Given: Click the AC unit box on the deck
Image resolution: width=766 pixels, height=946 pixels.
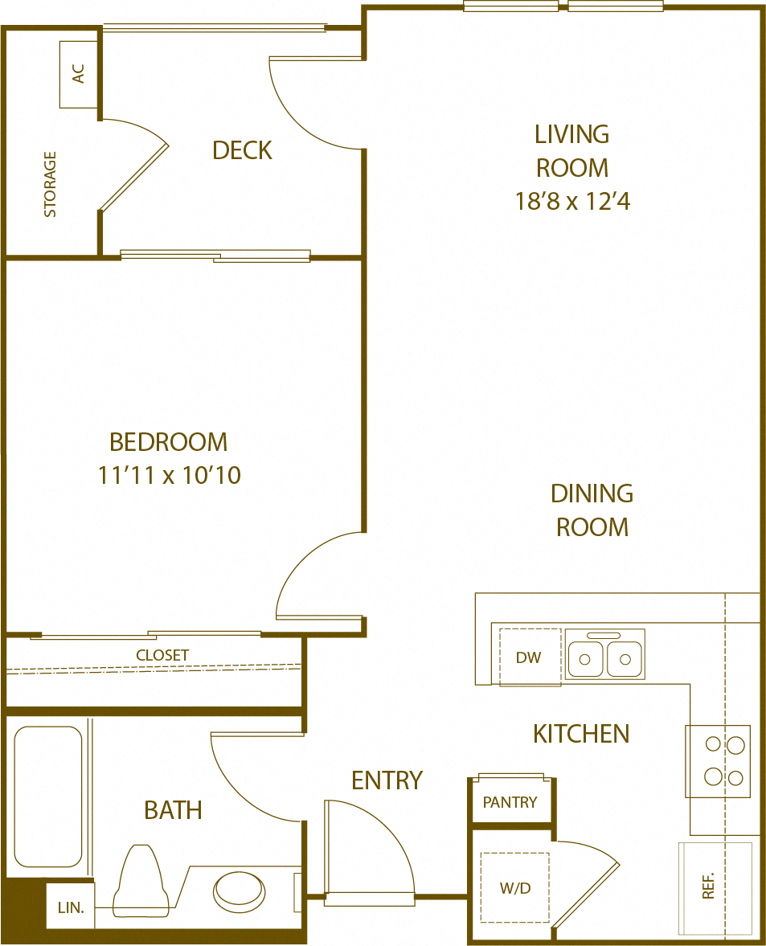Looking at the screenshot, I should pos(79,74).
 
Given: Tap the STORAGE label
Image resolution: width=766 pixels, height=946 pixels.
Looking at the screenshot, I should pos(51,184).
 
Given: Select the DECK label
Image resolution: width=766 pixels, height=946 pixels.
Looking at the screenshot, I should pos(242,150).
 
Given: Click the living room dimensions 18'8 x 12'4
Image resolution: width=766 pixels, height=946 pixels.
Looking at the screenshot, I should pos(572,201).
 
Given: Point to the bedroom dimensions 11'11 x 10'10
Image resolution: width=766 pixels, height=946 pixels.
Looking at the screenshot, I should pos(170,475).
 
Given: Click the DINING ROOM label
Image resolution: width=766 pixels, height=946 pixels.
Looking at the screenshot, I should pos(592,510).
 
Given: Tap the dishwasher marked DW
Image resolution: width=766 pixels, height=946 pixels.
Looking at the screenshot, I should pos(529,657).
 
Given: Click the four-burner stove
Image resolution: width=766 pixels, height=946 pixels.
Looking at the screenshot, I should pos(718,761).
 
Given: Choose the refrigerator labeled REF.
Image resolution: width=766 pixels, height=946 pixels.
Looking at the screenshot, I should pos(715,888).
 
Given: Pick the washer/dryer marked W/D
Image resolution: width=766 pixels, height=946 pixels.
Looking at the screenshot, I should pos(515,888).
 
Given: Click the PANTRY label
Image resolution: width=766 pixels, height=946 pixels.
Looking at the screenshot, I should pos(510,802).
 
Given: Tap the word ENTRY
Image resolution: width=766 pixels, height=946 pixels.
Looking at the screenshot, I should pos(387,780).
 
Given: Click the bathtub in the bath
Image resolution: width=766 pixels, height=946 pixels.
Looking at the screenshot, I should pos(48,797).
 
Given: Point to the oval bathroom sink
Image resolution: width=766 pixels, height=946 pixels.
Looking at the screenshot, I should pos(239,890).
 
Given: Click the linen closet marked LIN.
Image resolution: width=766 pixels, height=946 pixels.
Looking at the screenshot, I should pos(71,907).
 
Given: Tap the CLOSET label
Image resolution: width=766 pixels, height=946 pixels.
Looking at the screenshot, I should pos(162,655).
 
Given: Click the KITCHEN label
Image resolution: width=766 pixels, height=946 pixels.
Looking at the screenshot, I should pos(581,733).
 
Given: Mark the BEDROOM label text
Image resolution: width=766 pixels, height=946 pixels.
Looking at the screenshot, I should pos(169,442).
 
